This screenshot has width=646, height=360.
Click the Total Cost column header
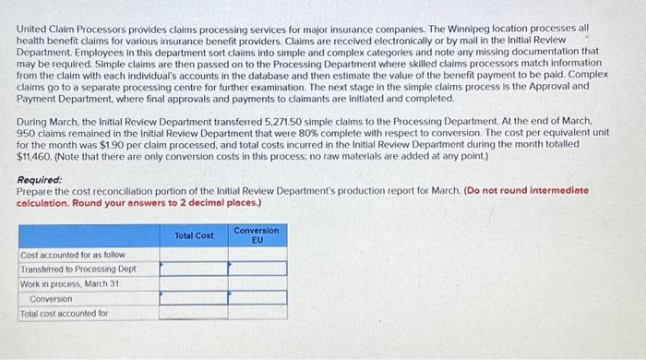click(x=194, y=235)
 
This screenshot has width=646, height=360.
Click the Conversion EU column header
click(x=257, y=234)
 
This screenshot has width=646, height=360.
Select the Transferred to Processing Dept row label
click(x=78, y=269)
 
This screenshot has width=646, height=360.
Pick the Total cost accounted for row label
click(x=65, y=314)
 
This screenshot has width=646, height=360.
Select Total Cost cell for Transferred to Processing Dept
click(x=194, y=269)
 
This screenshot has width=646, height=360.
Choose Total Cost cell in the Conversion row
click(x=194, y=299)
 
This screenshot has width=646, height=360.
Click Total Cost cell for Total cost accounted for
click(x=194, y=314)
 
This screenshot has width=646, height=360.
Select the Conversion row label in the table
click(x=50, y=299)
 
